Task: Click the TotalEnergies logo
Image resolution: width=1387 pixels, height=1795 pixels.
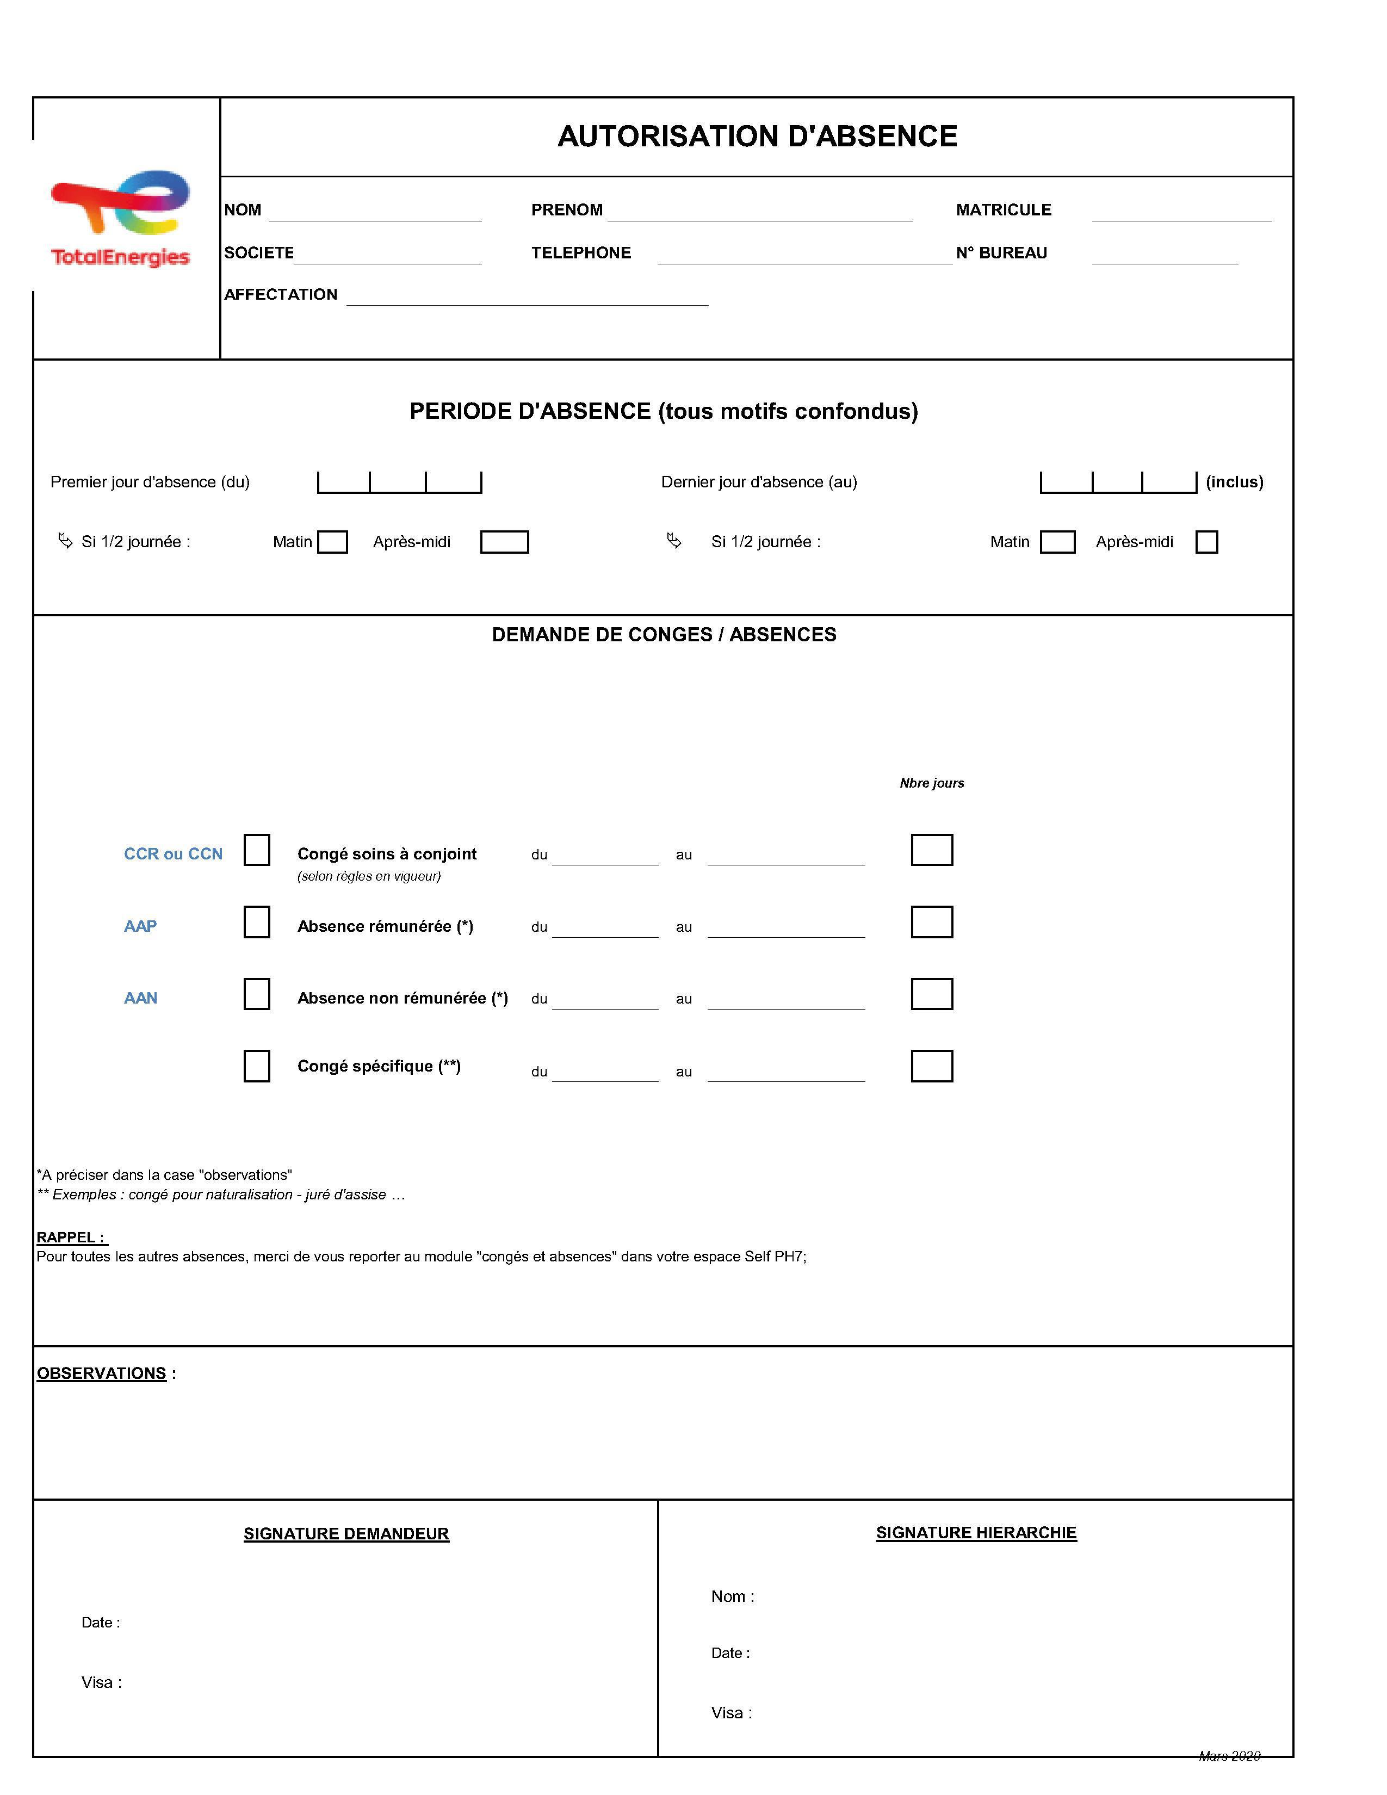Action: [x=120, y=218]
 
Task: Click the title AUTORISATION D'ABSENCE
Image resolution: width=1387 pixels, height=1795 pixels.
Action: [x=757, y=137]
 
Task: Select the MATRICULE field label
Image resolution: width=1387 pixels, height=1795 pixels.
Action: [x=1004, y=211]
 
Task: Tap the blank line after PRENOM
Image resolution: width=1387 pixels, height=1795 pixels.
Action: [x=759, y=214]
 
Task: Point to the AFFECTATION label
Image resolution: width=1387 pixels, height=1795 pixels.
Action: [x=281, y=295]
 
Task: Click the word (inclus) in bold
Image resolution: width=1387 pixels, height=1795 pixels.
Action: [x=1234, y=482]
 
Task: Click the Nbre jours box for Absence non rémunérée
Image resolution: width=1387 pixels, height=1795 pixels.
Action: [x=932, y=994]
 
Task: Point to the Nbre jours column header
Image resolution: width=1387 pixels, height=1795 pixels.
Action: [x=932, y=783]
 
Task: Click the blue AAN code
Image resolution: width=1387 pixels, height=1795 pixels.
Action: [x=140, y=999]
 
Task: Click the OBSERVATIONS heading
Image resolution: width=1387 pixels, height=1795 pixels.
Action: [x=102, y=1373]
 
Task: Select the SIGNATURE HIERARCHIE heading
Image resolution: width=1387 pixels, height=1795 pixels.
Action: [x=976, y=1533]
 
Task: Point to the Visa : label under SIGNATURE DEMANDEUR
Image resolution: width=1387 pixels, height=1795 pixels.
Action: [x=101, y=1682]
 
